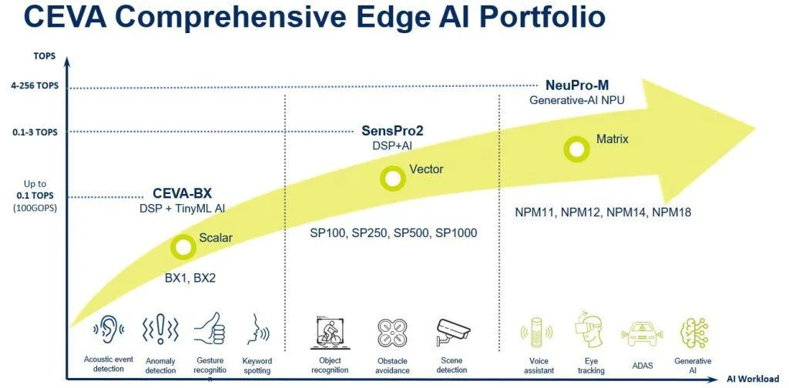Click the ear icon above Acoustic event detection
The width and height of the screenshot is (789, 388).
pos(108,330)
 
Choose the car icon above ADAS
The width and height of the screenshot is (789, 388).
pos(642,333)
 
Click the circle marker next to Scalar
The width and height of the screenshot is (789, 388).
pos(183,246)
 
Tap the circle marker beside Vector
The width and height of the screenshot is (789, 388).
pos(392,179)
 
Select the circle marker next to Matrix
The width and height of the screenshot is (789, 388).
pos(576,149)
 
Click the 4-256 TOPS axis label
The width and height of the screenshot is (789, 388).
pos(35,86)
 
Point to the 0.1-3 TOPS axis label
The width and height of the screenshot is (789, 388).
pos(35,132)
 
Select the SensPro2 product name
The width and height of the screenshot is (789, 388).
pos(392,131)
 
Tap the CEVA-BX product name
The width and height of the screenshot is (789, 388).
pos(182,194)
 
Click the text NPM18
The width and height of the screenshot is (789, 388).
pos(671,212)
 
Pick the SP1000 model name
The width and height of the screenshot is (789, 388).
pos(456,233)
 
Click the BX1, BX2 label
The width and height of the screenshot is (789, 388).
pos(190,278)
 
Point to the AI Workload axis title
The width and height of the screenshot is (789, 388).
pos(752,379)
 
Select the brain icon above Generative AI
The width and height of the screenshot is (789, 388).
pos(693,333)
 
